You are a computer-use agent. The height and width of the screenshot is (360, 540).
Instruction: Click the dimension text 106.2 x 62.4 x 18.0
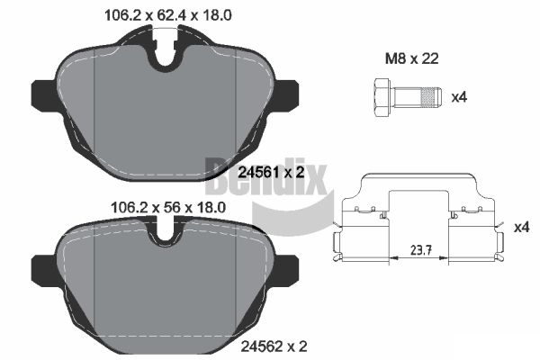pyautogui.click(x=168, y=15)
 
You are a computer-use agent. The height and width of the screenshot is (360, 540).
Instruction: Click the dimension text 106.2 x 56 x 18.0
pyautogui.click(x=168, y=207)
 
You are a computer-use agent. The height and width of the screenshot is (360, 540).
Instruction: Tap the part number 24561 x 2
pyautogui.click(x=272, y=172)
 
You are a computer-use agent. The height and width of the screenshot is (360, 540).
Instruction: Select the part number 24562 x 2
pyautogui.click(x=274, y=346)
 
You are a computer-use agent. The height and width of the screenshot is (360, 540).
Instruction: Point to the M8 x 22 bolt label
pyautogui.click(x=412, y=58)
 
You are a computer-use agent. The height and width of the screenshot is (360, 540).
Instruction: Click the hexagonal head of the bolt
pyautogui.click(x=382, y=97)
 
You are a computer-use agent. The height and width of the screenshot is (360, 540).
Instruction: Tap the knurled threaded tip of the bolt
pyautogui.click(x=431, y=97)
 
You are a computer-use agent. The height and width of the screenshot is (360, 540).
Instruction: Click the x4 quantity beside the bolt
pyautogui.click(x=459, y=97)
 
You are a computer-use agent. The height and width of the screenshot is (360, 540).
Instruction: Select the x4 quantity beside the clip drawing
pyautogui.click(x=521, y=228)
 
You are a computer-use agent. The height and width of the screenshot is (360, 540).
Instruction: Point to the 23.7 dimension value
pyautogui.click(x=419, y=249)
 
